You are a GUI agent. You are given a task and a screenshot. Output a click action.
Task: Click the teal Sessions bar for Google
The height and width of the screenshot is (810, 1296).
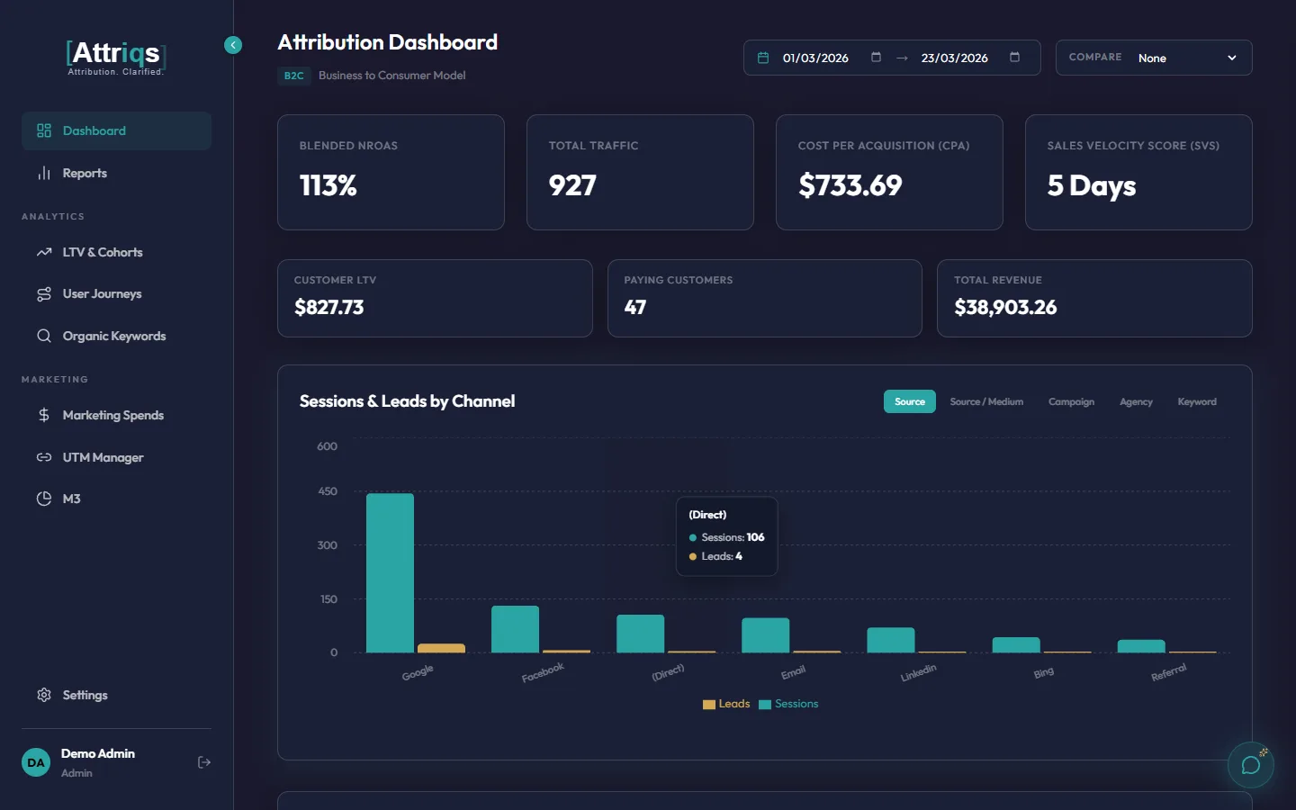click(x=390, y=572)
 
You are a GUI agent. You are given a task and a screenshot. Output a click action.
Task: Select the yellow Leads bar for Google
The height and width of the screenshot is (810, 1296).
click(x=441, y=648)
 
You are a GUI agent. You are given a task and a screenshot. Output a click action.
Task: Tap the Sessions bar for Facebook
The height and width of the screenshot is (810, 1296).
click(x=515, y=629)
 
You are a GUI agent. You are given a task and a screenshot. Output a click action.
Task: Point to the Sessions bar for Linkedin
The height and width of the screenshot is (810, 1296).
click(x=890, y=640)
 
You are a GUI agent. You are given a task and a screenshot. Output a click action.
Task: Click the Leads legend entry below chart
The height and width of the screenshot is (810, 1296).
click(x=726, y=704)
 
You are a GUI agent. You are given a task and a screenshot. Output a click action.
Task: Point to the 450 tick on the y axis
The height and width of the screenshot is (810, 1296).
click(x=327, y=491)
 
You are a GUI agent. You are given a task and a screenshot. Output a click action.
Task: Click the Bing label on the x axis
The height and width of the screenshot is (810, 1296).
click(x=1043, y=673)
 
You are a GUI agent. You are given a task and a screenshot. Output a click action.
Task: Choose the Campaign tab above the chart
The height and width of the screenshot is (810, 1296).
click(x=1071, y=401)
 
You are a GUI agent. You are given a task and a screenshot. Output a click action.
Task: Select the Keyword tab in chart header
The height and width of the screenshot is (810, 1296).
click(x=1196, y=401)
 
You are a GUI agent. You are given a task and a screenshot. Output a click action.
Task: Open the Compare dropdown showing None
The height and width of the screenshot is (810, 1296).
click(x=1153, y=58)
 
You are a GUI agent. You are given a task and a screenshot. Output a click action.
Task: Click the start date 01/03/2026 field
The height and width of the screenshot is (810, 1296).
click(x=815, y=58)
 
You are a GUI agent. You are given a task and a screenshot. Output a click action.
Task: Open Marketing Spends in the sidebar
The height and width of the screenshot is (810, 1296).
click(x=112, y=415)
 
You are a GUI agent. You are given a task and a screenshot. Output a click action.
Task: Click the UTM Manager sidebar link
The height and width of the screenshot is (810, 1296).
click(x=103, y=457)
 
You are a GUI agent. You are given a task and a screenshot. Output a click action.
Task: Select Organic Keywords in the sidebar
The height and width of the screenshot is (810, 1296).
click(x=113, y=336)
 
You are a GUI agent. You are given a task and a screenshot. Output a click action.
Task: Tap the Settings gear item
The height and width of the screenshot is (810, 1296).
click(x=85, y=695)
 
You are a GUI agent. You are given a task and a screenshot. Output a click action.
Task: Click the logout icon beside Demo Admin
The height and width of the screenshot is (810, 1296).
click(x=204, y=762)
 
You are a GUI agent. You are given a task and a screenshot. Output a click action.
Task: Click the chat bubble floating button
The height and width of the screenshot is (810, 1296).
click(x=1250, y=765)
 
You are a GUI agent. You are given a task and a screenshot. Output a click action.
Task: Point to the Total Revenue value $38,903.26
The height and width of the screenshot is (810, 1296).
click(x=1005, y=308)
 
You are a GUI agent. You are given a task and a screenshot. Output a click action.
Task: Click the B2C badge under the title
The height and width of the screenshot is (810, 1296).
click(x=293, y=76)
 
